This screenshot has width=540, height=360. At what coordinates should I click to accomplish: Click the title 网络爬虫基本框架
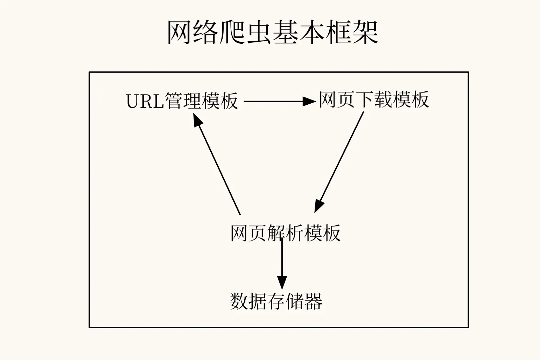tap(273, 33)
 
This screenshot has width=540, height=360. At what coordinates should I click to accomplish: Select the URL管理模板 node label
tap(182, 101)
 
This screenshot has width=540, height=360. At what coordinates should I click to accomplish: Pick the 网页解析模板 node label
tap(285, 233)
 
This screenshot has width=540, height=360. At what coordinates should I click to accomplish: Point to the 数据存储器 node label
tap(276, 301)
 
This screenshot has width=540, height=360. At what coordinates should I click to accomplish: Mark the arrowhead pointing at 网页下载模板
tap(309, 102)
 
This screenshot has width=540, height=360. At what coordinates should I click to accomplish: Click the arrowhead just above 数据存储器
tap(282, 282)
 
